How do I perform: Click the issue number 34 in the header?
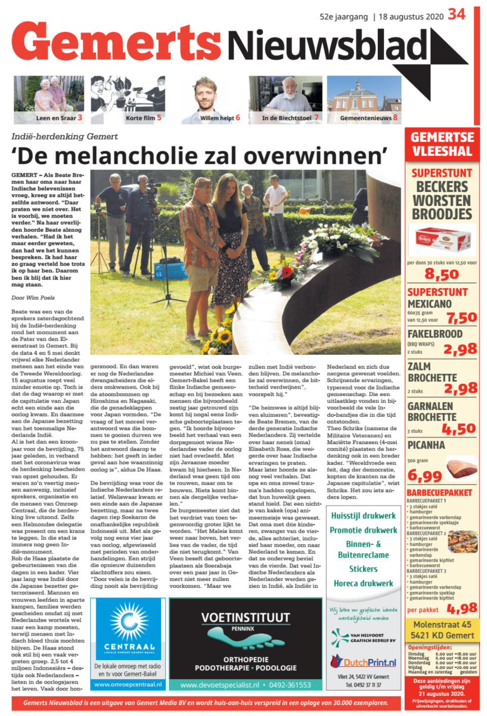(x=456, y=15)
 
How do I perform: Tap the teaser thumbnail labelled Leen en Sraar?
(x=49, y=95)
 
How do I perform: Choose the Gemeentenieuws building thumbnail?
(x=364, y=95)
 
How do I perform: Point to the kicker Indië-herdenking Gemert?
(x=65, y=136)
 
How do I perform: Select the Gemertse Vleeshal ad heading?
(x=442, y=144)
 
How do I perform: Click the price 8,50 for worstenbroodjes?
(x=442, y=274)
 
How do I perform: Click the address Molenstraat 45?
(x=442, y=624)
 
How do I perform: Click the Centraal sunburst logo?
(x=129, y=621)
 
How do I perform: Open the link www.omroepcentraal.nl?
(x=128, y=684)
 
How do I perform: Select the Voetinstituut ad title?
(x=245, y=618)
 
